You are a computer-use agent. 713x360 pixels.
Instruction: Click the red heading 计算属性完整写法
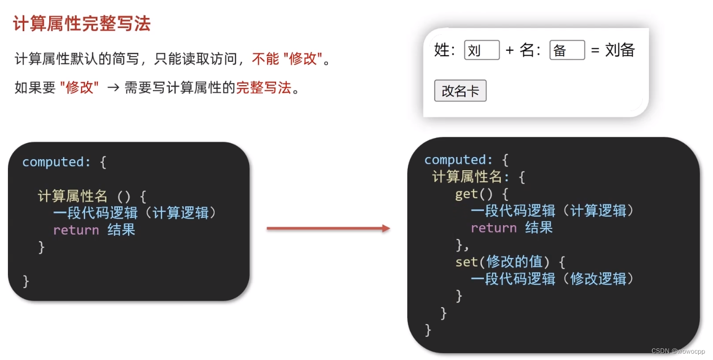click(x=82, y=23)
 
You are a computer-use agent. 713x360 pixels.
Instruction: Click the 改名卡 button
click(x=460, y=91)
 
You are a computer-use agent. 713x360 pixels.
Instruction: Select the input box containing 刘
click(x=482, y=50)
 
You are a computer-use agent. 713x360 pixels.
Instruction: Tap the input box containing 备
click(x=567, y=50)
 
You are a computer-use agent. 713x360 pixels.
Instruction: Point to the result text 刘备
click(x=620, y=50)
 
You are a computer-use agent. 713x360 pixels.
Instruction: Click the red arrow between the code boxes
click(x=328, y=228)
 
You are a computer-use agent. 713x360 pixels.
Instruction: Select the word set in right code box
click(x=467, y=261)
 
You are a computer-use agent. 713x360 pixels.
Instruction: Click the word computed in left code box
click(x=53, y=162)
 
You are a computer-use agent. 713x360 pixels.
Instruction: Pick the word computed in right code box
click(x=455, y=160)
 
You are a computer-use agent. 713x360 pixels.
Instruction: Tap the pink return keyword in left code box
click(x=76, y=230)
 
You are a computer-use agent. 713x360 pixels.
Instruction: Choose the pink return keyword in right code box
click(x=493, y=228)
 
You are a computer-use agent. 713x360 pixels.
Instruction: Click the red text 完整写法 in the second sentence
click(x=263, y=88)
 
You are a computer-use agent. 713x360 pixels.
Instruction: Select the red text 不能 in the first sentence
click(x=266, y=59)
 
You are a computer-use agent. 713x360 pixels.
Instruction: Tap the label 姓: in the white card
click(x=444, y=50)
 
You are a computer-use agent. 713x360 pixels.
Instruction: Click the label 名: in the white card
click(x=530, y=50)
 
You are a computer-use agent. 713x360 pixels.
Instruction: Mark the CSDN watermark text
click(x=678, y=351)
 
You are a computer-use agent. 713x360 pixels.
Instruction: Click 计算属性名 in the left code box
click(x=72, y=196)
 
